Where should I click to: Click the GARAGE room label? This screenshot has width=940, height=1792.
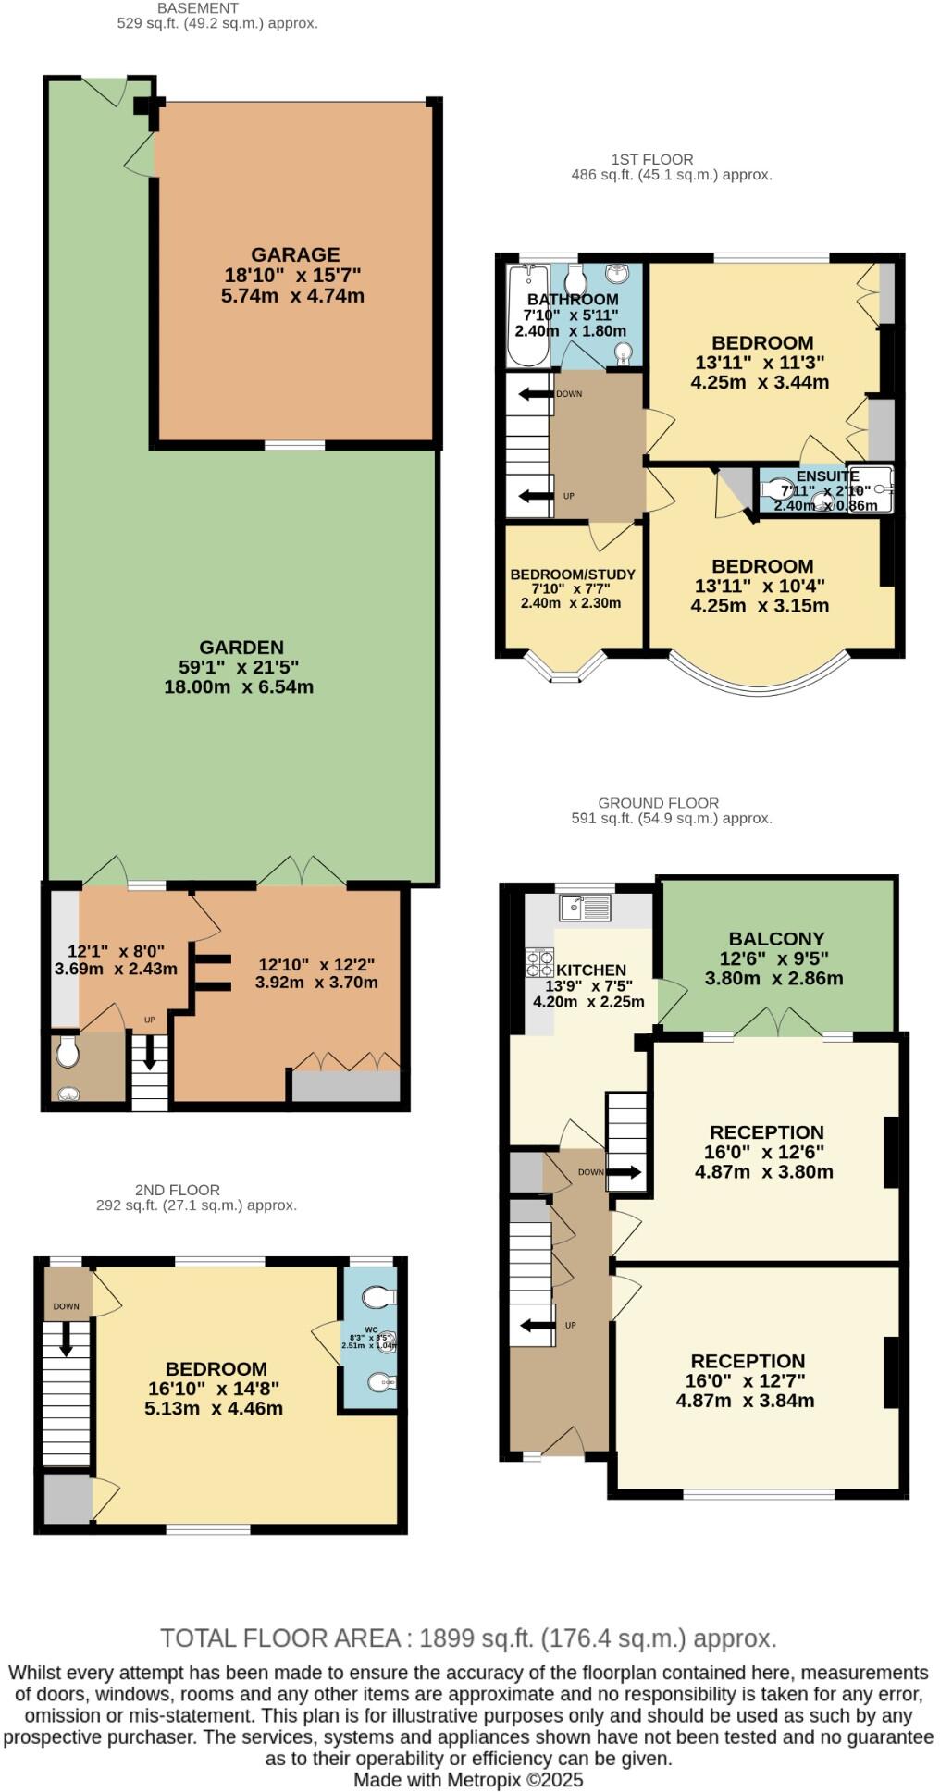[295, 254]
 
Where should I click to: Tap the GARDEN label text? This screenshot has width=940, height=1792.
[241, 648]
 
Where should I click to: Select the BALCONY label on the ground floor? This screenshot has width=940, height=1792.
[775, 938]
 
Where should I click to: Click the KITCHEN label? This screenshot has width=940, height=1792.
[590, 970]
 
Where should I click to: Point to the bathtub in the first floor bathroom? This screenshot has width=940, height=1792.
[528, 315]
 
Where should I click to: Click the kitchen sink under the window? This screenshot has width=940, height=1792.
[585, 908]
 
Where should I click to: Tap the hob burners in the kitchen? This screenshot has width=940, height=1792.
[539, 964]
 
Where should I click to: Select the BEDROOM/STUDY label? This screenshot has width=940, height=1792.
[573, 575]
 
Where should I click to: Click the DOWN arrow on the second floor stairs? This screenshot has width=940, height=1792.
[66, 1338]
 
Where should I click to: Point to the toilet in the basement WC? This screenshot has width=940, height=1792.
[67, 1052]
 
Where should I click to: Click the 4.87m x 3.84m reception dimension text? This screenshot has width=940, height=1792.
[745, 1401]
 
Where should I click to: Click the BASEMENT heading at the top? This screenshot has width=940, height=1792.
[198, 8]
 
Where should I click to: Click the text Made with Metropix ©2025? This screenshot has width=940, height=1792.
[468, 1779]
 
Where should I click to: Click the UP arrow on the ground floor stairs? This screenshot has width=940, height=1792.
[533, 1326]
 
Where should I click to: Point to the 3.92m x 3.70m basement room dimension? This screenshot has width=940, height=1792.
[316, 983]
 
